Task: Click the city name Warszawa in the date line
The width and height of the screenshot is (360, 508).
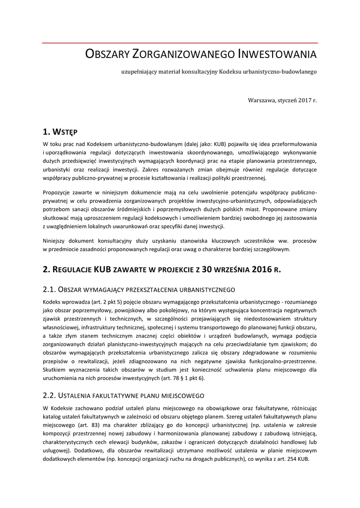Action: click(x=261, y=100)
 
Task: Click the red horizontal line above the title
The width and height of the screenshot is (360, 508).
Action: click(x=180, y=43)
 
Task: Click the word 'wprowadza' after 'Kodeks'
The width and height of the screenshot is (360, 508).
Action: click(x=79, y=302)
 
